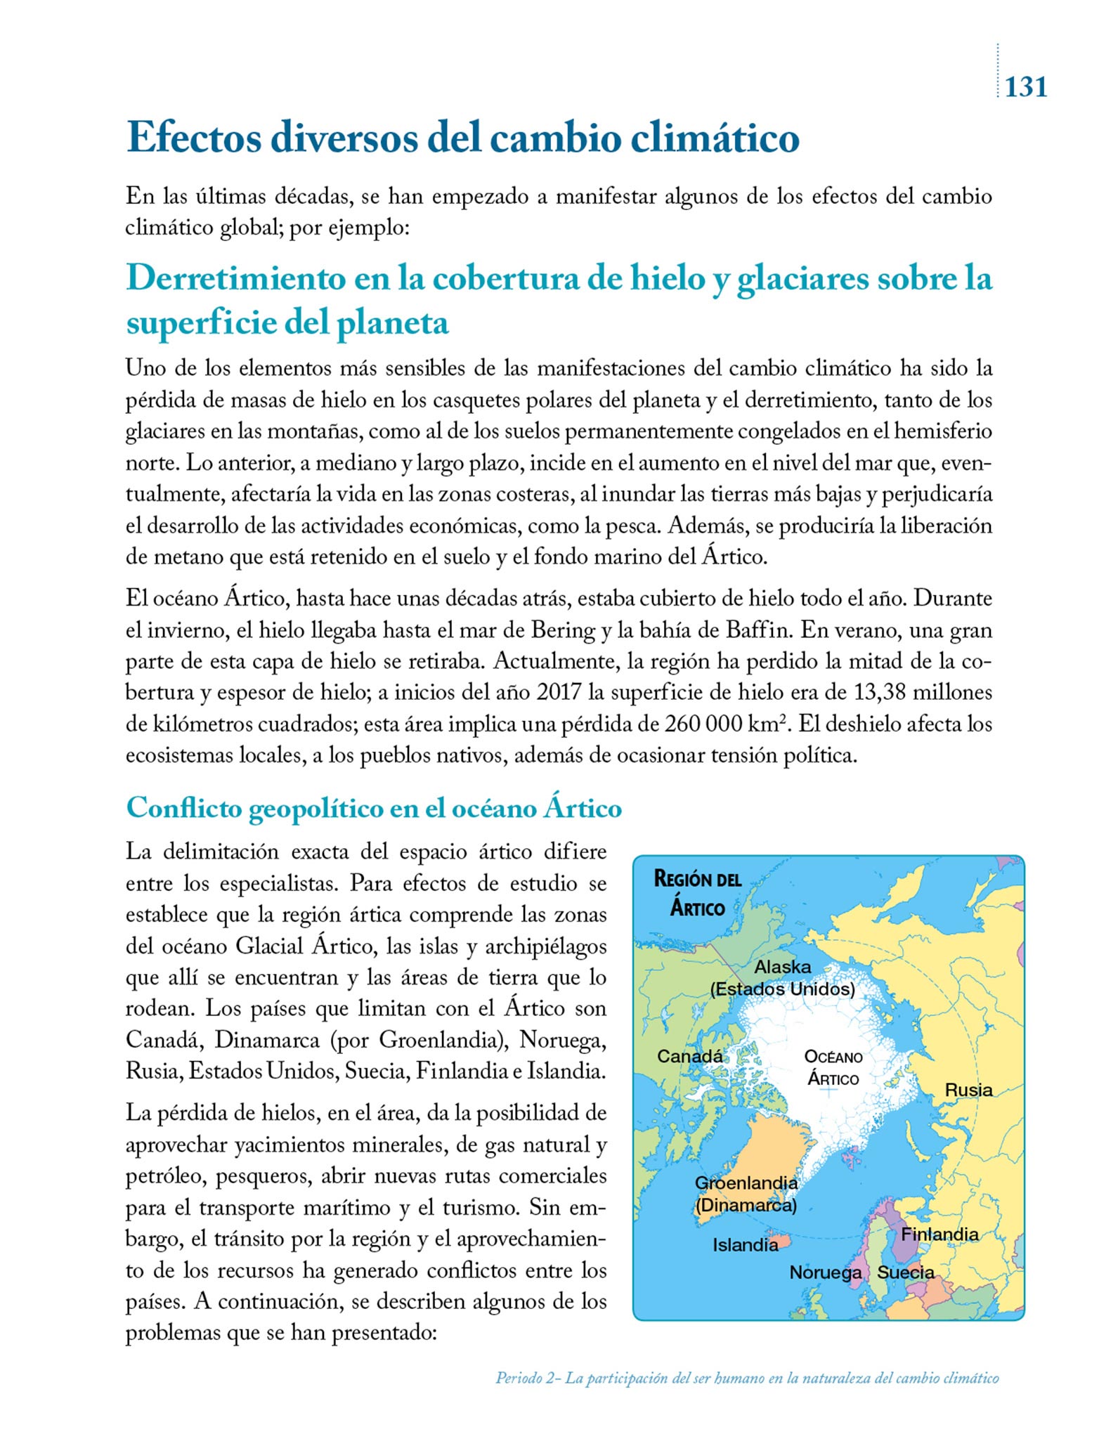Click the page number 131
pos(1026,87)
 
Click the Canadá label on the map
pos(689,1055)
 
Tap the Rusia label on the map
pos(968,1090)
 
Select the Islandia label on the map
pos(746,1244)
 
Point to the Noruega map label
pos(825,1272)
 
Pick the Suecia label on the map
pos(906,1272)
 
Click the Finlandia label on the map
pos(939,1234)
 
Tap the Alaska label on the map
pos(782,967)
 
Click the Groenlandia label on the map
pos(746,1183)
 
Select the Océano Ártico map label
pos(833,1067)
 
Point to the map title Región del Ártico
pos(697,893)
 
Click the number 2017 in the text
pos(559,693)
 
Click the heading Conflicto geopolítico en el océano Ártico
pos(374,808)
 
